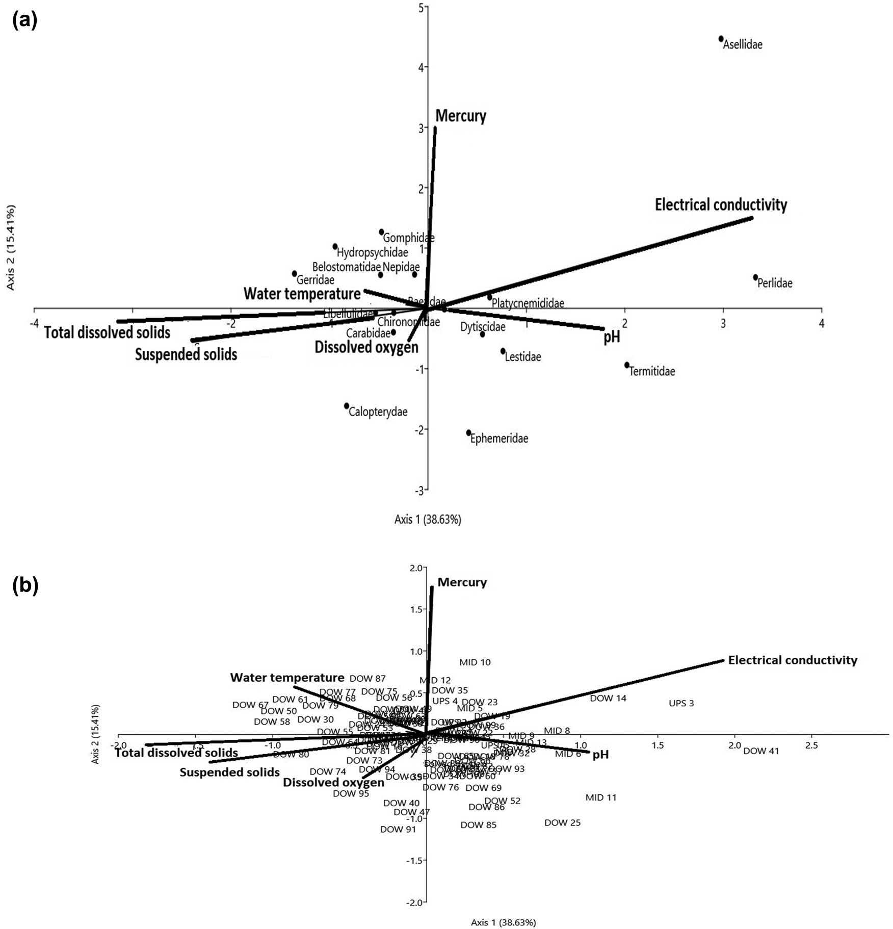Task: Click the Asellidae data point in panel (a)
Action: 721,39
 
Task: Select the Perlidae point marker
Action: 755,277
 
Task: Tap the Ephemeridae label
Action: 499,438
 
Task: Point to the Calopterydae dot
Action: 347,406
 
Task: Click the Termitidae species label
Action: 652,371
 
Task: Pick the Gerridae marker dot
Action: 294,274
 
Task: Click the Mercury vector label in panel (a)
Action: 461,116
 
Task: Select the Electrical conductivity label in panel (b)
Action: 793,660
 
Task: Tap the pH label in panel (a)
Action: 612,337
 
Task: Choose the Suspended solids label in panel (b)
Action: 229,772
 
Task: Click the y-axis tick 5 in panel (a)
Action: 421,7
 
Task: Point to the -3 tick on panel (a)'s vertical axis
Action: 419,490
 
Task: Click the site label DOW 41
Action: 761,751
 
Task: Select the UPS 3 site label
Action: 681,704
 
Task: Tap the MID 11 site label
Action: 601,797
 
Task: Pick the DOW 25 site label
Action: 562,823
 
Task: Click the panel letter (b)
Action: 25,586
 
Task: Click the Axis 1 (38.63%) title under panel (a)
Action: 428,520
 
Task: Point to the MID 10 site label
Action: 475,662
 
